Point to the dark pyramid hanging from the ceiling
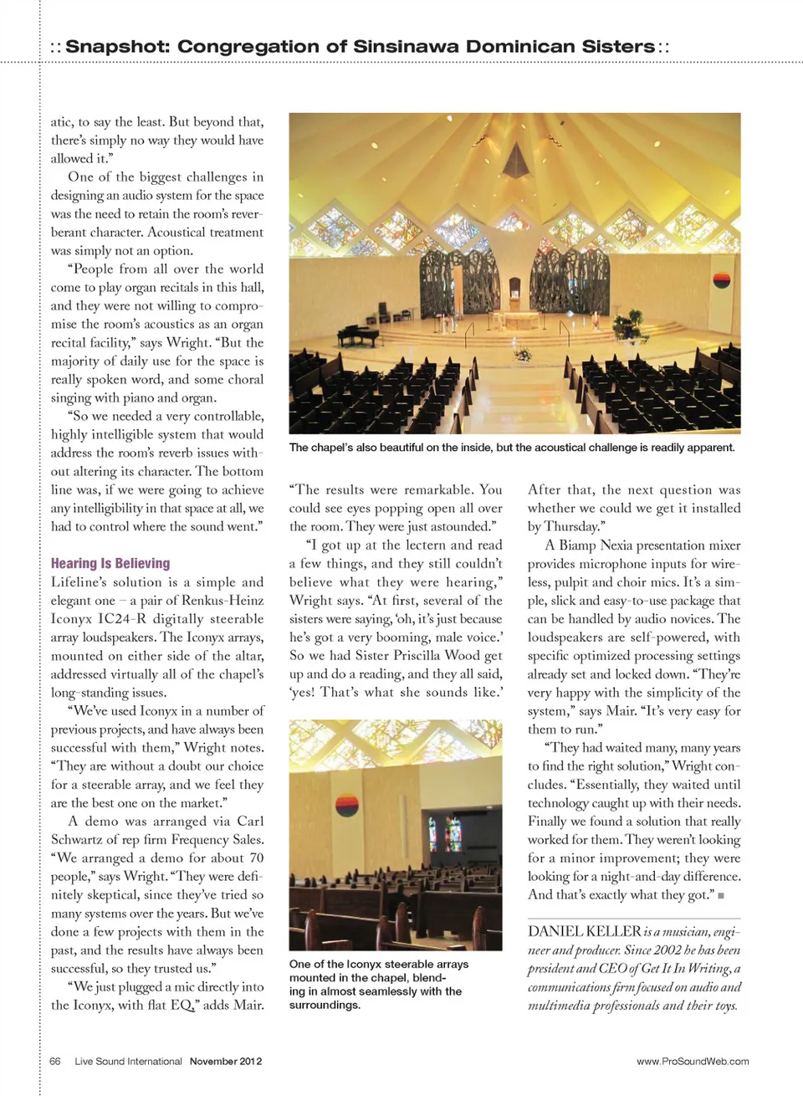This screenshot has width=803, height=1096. (x=517, y=162)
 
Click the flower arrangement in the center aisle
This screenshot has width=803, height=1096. (x=524, y=354)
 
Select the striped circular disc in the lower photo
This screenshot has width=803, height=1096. (x=346, y=805)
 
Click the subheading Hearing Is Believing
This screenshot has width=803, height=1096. (x=110, y=563)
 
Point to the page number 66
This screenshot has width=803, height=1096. (x=55, y=1061)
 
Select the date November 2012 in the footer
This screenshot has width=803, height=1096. (x=225, y=1061)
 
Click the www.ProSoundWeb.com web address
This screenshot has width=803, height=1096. (x=693, y=1061)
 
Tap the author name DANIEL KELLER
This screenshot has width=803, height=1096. (x=584, y=931)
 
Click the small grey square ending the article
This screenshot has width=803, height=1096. (x=721, y=895)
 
